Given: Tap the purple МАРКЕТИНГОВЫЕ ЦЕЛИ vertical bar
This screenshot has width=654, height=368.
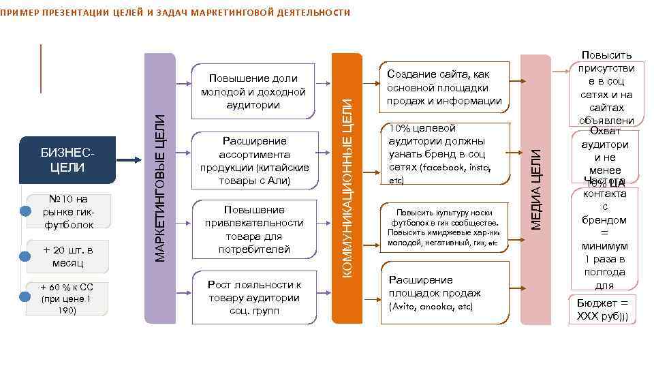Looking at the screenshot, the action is point(161,187).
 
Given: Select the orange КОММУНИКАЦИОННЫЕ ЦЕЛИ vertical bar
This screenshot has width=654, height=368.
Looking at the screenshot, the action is point(347,187).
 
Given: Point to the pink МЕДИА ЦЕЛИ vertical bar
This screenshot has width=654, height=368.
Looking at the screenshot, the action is point(535,187).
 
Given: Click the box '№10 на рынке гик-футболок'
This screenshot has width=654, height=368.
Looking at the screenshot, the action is point(67,211).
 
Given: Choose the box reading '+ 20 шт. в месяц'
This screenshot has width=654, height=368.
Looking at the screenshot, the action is point(67,256).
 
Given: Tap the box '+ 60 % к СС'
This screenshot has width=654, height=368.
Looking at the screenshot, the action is point(67,298).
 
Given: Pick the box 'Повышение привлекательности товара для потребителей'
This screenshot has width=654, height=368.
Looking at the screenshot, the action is point(255,229).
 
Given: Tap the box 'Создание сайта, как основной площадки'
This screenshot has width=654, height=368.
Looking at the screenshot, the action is point(444,87).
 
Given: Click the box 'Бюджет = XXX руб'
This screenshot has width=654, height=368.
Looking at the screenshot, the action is point(602,309).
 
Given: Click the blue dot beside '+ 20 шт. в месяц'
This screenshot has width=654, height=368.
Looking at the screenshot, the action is point(25,257).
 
